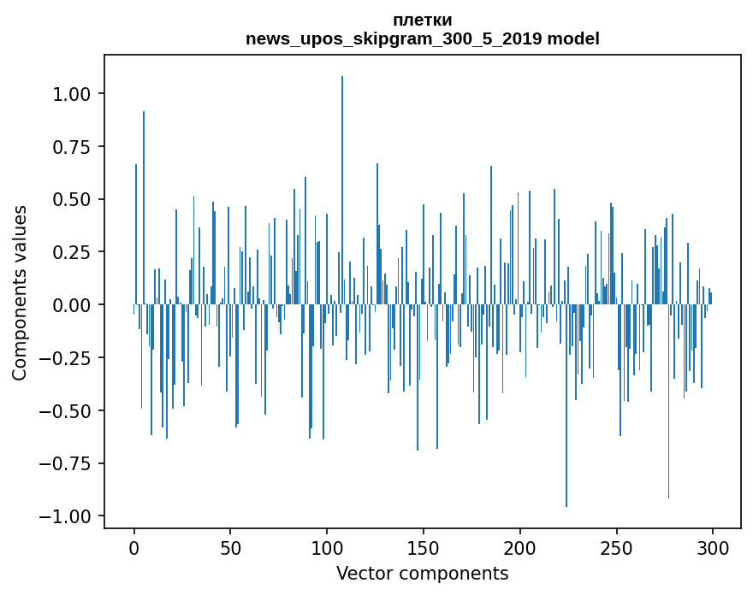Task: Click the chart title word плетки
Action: tap(422, 21)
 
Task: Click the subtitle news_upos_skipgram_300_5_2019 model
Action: tap(422, 38)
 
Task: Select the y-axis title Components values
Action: tap(20, 292)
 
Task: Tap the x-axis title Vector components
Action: tap(422, 574)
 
